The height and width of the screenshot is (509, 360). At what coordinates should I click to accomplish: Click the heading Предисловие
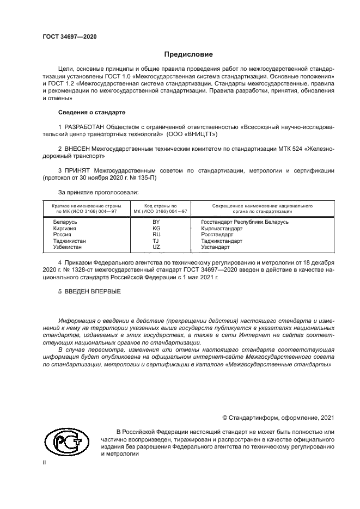[x=189, y=54]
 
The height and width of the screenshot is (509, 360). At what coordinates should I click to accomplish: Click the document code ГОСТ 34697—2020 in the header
[x=70, y=36]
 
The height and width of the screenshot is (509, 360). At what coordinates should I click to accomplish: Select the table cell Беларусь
[x=65, y=222]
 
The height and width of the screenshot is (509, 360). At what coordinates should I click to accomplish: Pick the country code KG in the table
[x=156, y=229]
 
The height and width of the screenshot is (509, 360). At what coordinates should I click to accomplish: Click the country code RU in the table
[x=156, y=235]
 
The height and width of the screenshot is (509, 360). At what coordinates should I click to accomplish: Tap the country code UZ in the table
[x=156, y=247]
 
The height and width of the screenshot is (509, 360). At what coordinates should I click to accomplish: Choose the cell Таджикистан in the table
[x=69, y=241]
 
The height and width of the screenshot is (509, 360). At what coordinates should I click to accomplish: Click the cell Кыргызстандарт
[x=222, y=229]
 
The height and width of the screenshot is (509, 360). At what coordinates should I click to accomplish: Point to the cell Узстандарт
[x=215, y=247]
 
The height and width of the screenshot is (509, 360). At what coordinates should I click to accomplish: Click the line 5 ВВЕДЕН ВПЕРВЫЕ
[x=89, y=291]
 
